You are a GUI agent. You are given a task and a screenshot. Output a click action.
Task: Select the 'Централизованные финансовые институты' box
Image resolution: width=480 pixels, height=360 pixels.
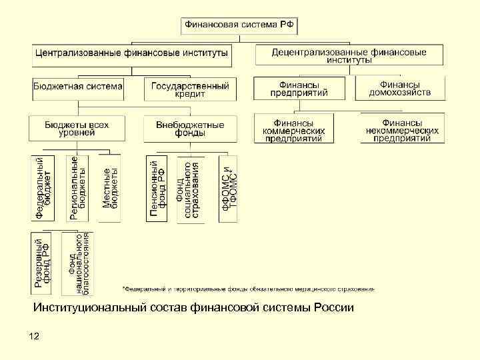click(x=131, y=52)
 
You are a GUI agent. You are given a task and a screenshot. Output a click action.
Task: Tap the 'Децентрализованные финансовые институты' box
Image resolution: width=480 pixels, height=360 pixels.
click(x=349, y=54)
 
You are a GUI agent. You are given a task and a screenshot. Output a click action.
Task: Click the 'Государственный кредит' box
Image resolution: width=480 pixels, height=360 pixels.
click(x=190, y=89)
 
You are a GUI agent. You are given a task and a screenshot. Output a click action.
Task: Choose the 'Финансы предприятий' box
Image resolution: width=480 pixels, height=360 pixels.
click(x=299, y=88)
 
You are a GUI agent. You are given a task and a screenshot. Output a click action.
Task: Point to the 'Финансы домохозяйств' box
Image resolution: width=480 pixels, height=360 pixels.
click(x=400, y=88)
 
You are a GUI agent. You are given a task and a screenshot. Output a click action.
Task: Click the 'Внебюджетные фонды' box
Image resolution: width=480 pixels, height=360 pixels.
click(x=190, y=128)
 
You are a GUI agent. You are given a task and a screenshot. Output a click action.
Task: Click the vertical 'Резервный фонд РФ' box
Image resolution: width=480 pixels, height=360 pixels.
click(x=43, y=263)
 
